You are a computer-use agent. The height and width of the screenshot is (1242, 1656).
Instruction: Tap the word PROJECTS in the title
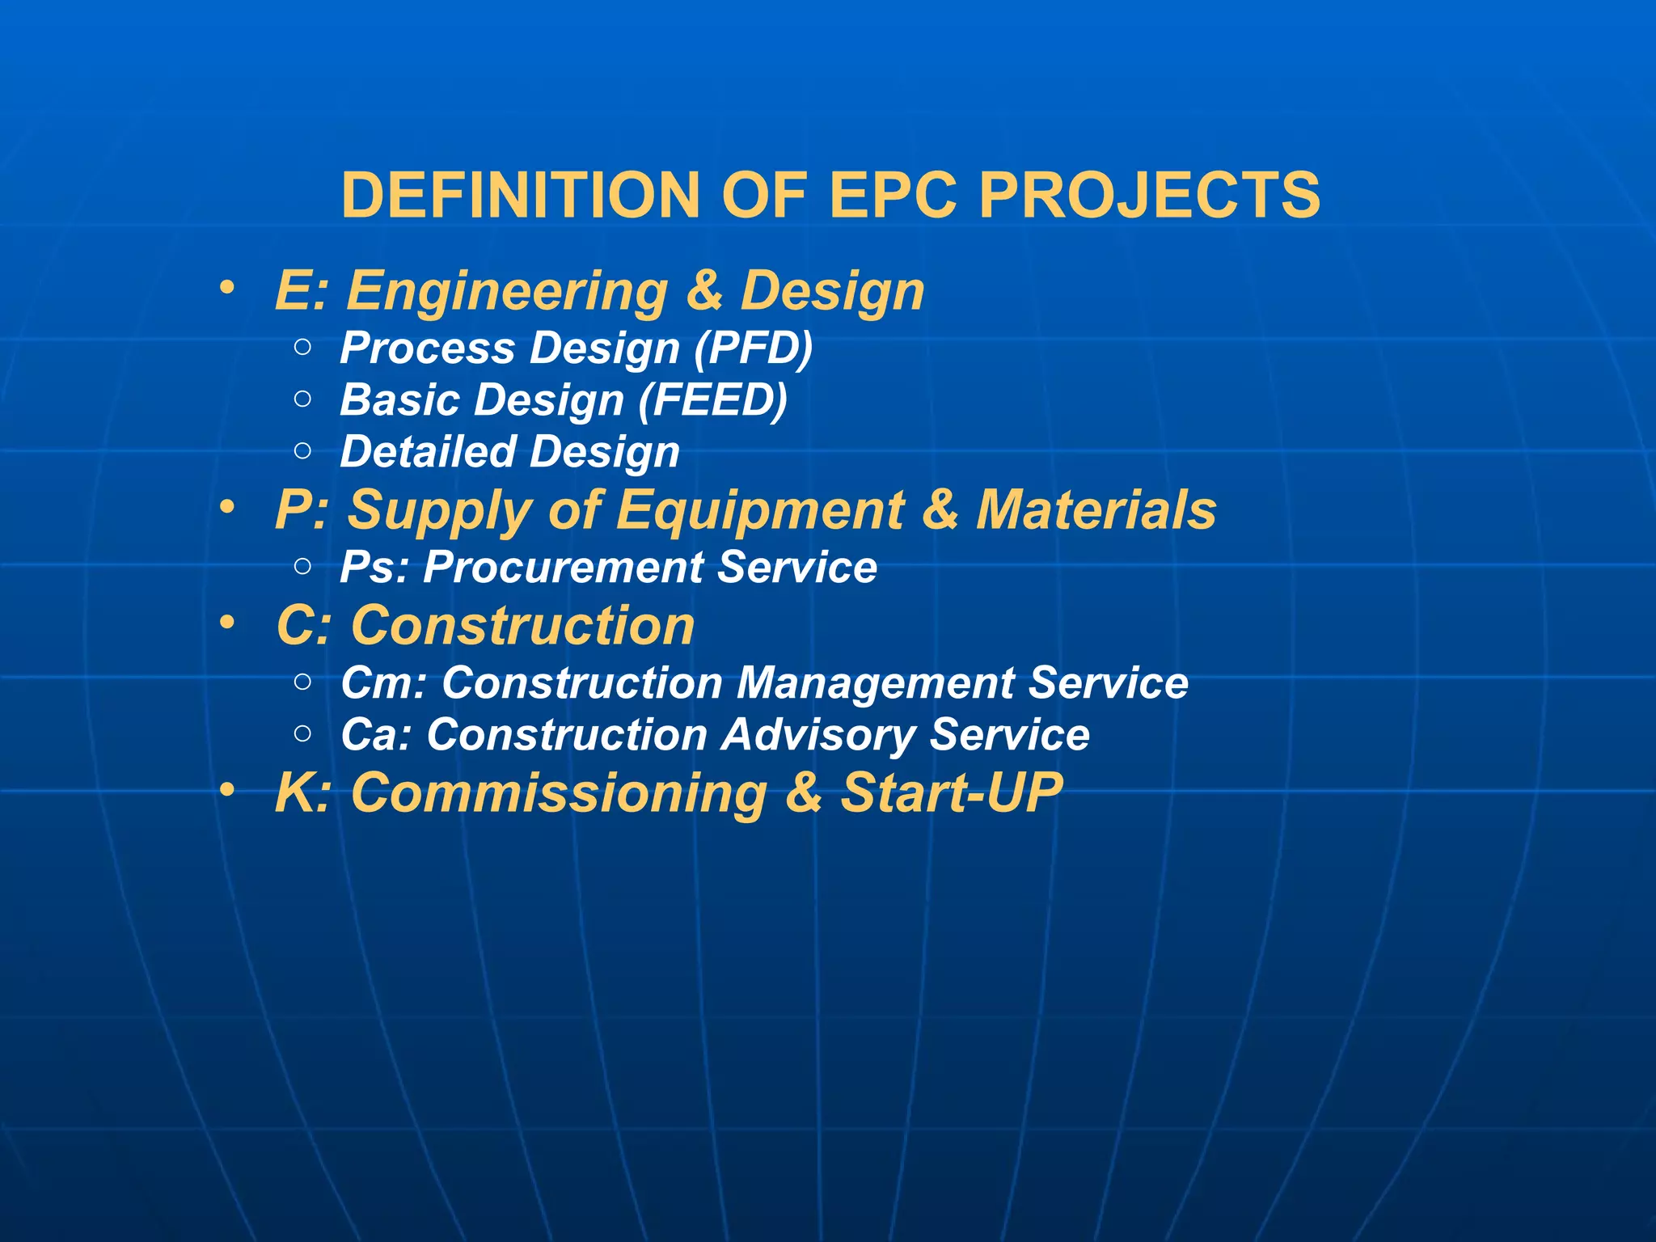[1149, 195]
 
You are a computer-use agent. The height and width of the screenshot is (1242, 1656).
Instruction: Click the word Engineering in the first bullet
[507, 292]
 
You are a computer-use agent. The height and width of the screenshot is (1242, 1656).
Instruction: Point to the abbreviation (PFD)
[754, 349]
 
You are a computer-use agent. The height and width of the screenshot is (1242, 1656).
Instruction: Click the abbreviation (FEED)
[712, 400]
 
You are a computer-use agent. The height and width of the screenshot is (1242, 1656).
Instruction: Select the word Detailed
[428, 451]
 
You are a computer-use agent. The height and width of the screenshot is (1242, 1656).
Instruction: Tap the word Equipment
[760, 511]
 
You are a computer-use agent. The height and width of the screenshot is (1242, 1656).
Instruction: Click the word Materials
[1096, 510]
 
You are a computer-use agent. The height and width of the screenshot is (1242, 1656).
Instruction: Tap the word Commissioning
[559, 793]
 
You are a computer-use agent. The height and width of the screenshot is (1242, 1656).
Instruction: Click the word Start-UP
[952, 792]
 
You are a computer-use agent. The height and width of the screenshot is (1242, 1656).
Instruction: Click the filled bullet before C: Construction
[228, 623]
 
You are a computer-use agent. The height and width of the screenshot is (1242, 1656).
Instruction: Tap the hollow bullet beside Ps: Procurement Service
[303, 567]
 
